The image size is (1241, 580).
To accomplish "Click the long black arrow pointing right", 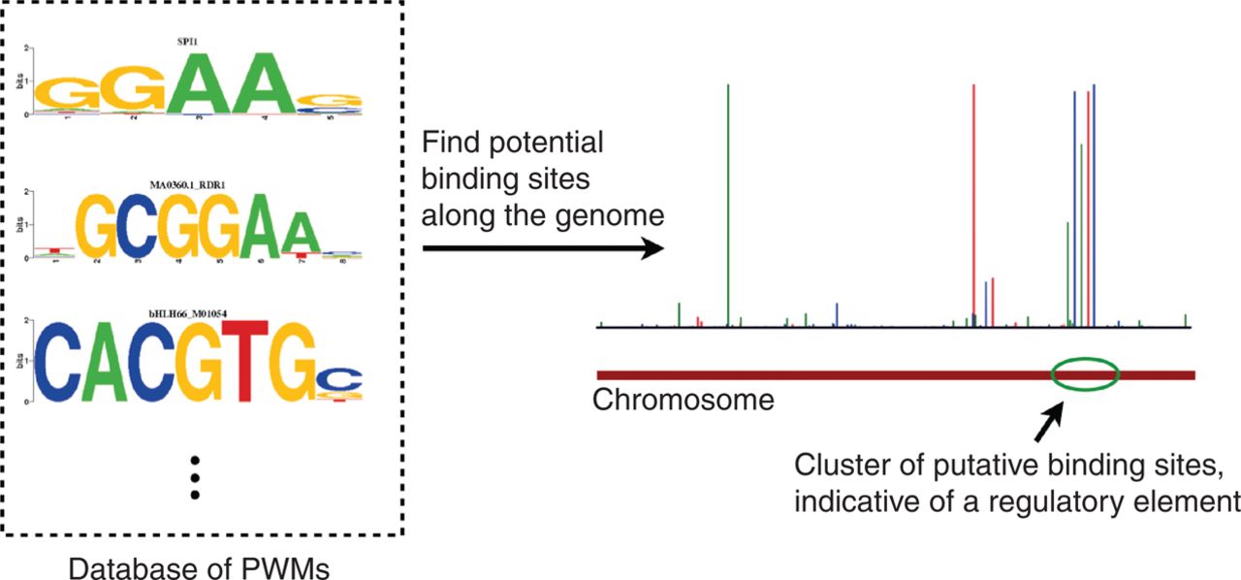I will [x=543, y=249].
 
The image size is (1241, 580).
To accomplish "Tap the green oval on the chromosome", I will [x=1086, y=374].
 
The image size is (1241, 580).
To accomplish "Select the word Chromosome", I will [x=684, y=400].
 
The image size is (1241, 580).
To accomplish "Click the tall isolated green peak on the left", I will [x=728, y=204].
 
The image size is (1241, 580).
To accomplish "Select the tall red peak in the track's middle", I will [x=973, y=204].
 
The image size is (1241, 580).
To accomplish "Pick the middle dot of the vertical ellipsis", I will [x=195, y=478].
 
